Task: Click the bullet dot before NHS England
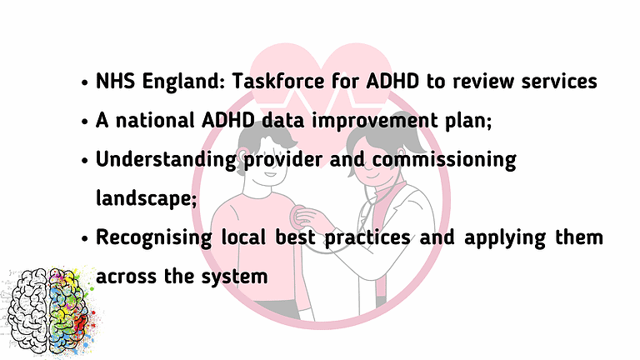tap(86, 83)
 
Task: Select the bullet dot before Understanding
tap(86, 160)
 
